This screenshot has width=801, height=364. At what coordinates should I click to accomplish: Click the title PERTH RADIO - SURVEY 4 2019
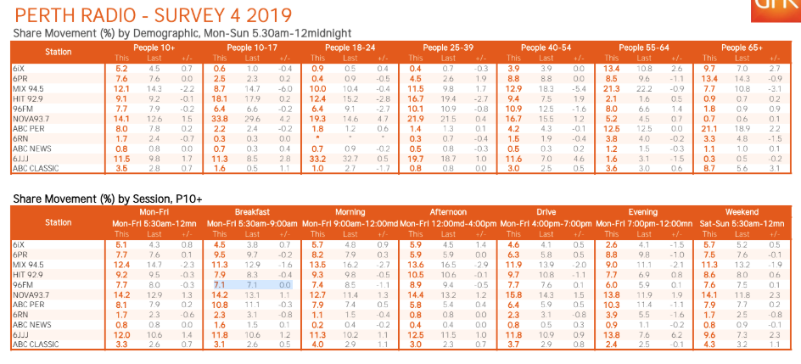coord(154,15)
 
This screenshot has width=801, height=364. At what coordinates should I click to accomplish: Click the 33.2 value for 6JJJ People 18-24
coord(316,159)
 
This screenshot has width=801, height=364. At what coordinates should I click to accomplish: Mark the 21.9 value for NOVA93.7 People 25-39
coord(415,120)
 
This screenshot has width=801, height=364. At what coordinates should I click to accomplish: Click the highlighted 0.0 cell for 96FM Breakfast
coord(285,286)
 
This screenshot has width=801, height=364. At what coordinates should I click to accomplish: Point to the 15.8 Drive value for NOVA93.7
coord(513,294)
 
